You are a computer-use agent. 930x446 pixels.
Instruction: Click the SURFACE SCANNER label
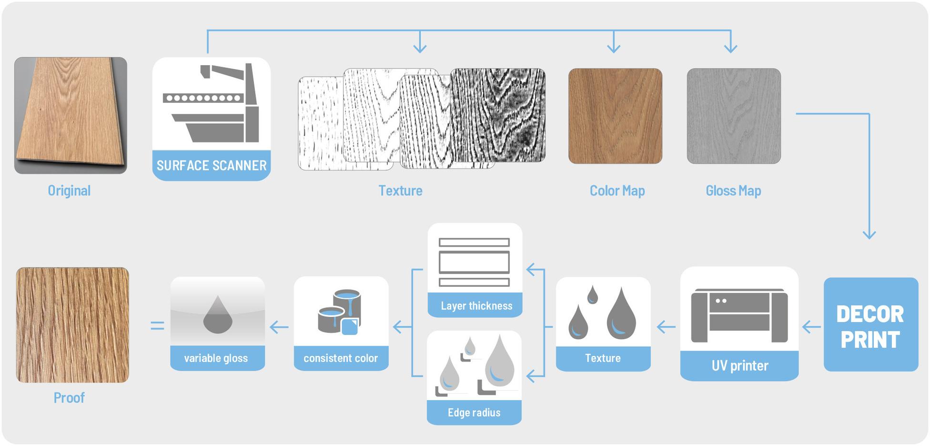[x=212, y=165]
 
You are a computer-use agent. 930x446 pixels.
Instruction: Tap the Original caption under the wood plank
[x=69, y=191]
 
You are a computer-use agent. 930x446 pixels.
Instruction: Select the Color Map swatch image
[x=615, y=116]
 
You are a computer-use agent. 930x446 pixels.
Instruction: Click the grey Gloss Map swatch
[x=734, y=116]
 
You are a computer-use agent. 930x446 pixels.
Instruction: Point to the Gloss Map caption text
[x=733, y=191]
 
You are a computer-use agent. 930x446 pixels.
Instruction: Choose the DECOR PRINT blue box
[x=870, y=325]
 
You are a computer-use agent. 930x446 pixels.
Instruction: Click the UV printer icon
[x=739, y=314]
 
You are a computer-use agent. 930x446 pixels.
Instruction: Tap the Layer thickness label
[x=476, y=306]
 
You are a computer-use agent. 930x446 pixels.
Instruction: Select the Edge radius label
[x=474, y=413]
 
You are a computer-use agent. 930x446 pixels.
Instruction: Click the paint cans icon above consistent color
[x=340, y=312]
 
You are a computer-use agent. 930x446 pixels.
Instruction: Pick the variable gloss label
[x=216, y=358]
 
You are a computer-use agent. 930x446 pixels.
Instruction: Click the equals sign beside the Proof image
[x=157, y=326]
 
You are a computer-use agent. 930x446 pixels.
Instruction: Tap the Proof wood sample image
[x=72, y=325]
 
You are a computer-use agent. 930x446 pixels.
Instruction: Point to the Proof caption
[x=69, y=398]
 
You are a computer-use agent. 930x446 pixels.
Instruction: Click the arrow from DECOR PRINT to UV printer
[x=811, y=327]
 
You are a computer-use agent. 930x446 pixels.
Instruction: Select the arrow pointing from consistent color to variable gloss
[x=279, y=327]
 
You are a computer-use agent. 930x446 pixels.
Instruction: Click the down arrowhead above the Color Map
[x=614, y=48]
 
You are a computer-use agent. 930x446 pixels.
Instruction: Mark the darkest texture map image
[x=498, y=115]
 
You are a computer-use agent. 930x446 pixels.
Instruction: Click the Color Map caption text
[x=617, y=191]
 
